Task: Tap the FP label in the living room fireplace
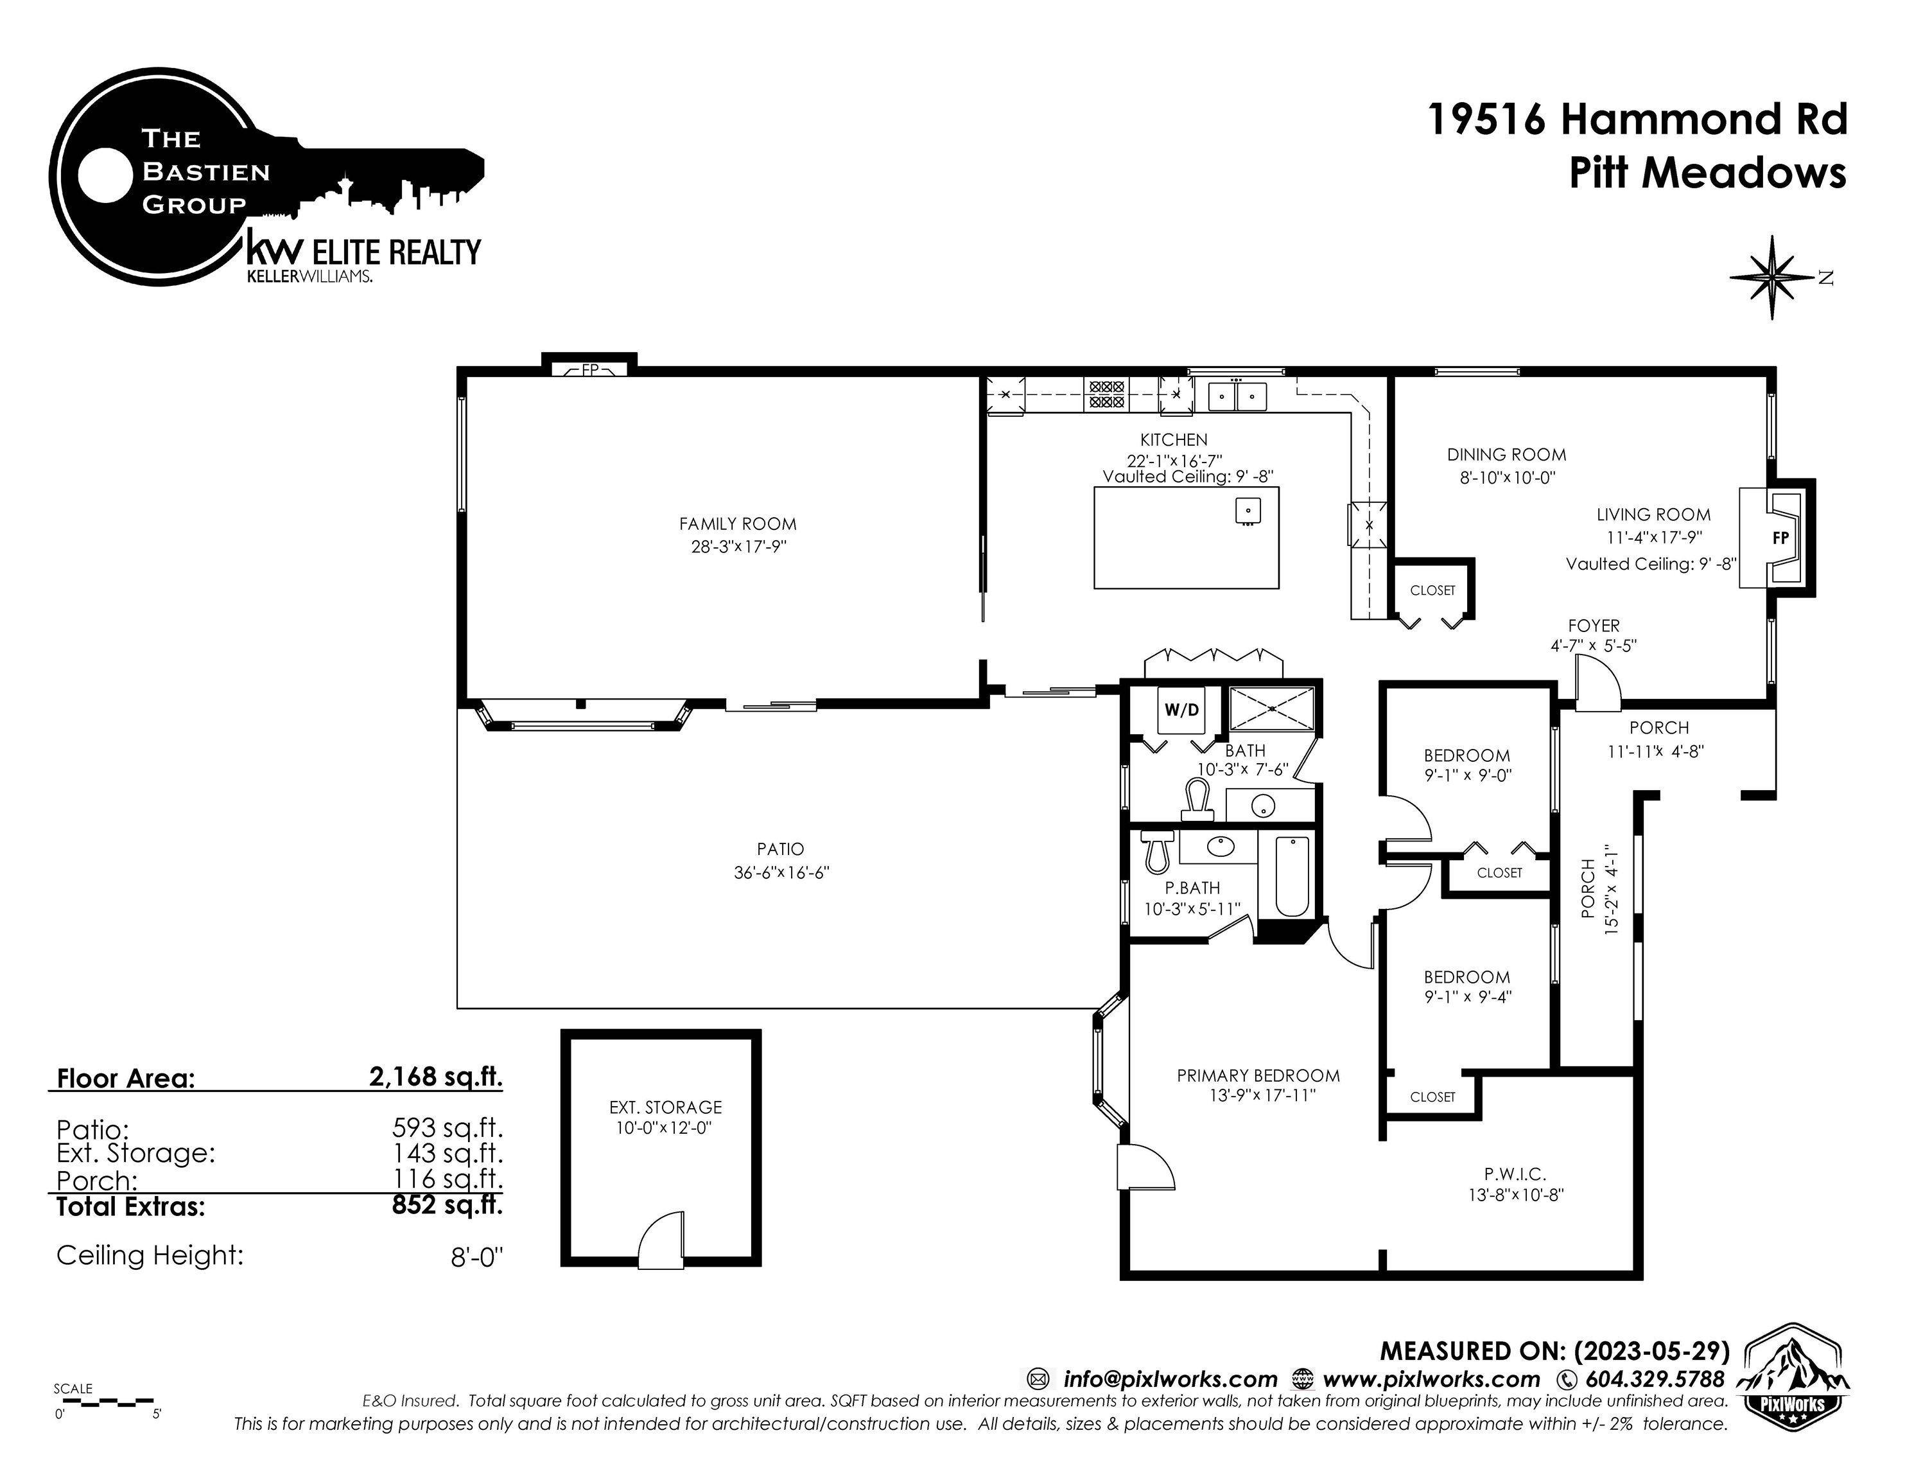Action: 1780,538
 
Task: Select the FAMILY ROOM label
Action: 738,524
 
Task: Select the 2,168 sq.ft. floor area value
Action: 435,1076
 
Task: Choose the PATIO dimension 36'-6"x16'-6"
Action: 781,872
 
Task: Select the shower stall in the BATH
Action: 1273,709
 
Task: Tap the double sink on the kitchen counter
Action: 1237,396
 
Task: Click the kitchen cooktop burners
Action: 1106,394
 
